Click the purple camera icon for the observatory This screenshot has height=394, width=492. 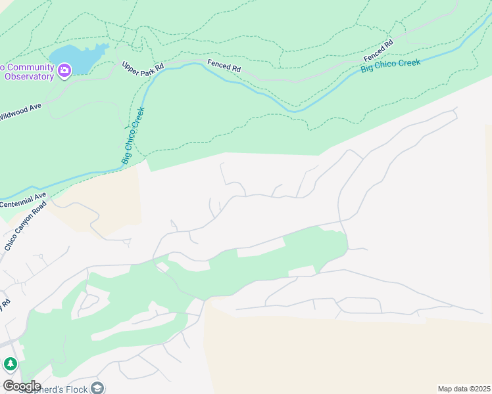(64, 70)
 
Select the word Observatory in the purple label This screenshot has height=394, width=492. (29, 76)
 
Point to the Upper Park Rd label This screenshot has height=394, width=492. (143, 68)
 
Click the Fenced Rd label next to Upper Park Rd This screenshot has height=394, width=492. (224, 66)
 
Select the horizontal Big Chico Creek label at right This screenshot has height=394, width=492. (390, 66)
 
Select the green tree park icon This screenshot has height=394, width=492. (10, 364)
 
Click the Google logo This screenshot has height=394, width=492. (21, 385)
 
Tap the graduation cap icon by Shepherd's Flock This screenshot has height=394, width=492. (98, 388)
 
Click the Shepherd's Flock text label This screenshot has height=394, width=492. (59, 389)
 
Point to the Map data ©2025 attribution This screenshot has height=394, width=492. (464, 389)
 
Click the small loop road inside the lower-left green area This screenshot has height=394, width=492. (91, 301)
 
